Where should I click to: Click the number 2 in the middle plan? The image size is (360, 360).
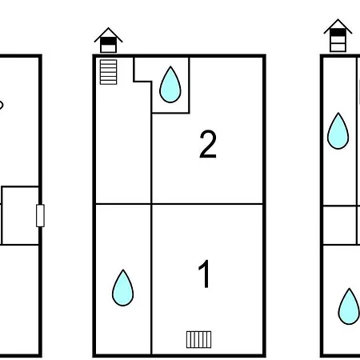point(208,144)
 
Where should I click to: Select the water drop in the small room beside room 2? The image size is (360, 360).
point(170,85)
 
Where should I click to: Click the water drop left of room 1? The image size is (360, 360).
point(122,288)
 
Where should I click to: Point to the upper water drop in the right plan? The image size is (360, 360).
point(338,130)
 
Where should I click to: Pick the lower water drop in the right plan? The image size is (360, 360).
point(349,306)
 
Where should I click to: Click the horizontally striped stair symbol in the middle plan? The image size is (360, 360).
point(108,72)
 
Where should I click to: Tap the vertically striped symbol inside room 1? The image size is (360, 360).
point(198,339)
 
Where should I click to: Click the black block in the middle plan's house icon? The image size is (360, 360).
point(108,41)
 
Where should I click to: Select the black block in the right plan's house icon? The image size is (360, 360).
point(338,33)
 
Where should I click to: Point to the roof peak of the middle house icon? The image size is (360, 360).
point(108,28)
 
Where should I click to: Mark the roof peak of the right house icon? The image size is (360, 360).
point(338,19)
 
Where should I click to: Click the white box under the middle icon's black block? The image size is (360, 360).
point(108,49)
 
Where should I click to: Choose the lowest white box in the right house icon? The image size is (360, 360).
point(338,47)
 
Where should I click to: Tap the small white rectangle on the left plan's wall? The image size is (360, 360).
point(40,215)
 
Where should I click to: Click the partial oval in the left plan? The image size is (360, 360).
point(2,105)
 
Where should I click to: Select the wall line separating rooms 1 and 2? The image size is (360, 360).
point(207,204)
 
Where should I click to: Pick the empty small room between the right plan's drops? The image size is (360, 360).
point(340,225)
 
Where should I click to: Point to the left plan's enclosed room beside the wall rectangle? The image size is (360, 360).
point(20,215)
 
